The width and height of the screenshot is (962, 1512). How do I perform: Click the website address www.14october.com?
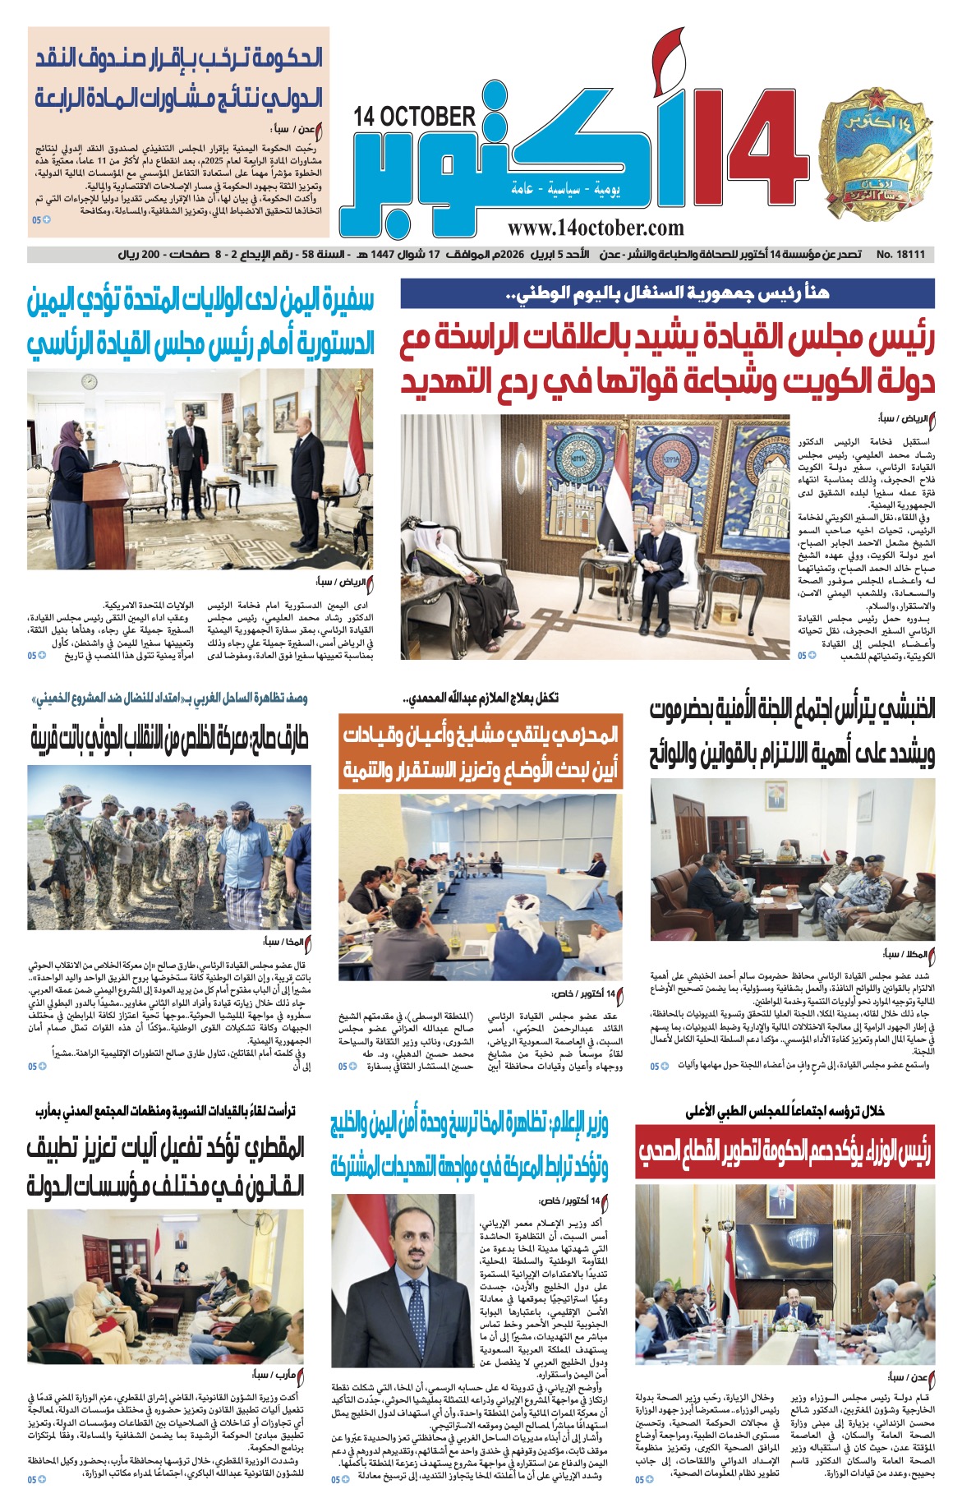tap(596, 228)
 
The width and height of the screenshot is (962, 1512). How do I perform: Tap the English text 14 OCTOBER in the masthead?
tap(415, 116)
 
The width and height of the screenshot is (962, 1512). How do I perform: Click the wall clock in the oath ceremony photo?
tap(87, 380)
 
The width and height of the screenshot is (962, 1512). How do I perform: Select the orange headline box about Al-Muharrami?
tap(481, 752)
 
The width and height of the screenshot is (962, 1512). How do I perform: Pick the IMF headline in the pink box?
tap(179, 78)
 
